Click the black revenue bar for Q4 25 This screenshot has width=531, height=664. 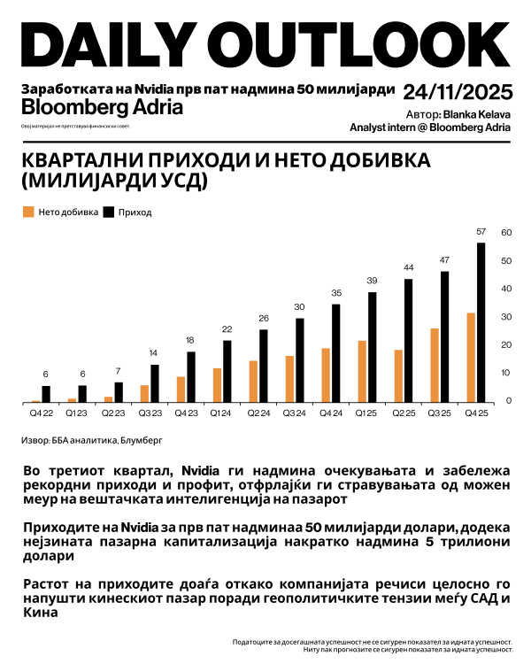pyautogui.click(x=481, y=322)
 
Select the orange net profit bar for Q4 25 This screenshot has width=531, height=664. pyautogui.click(x=470, y=357)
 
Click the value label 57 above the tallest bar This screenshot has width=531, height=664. pyautogui.click(x=481, y=232)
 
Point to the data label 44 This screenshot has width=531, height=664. pyautogui.click(x=409, y=267)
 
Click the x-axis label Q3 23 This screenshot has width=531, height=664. pyautogui.click(x=150, y=412)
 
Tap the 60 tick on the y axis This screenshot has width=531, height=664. pyautogui.click(x=507, y=232)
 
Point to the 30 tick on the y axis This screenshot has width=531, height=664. pyautogui.click(x=507, y=317)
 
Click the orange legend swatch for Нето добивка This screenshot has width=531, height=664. pyautogui.click(x=28, y=212)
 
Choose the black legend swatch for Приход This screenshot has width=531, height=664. pyautogui.click(x=110, y=212)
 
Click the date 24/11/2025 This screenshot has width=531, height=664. pyautogui.click(x=457, y=93)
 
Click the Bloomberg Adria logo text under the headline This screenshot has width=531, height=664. pyautogui.click(x=102, y=108)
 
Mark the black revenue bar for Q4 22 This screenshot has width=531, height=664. pyautogui.click(x=46, y=393)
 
